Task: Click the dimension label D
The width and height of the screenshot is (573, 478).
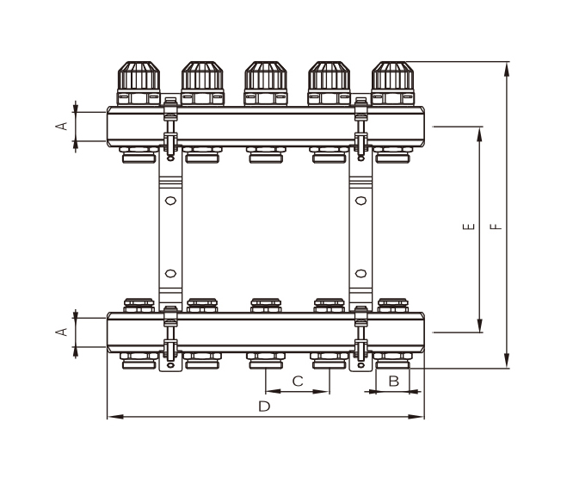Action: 264,407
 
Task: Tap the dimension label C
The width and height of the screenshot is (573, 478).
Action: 298,381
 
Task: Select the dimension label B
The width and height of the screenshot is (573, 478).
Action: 393,381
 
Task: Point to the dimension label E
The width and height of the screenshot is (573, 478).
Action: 469,227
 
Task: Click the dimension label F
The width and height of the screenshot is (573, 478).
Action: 496,227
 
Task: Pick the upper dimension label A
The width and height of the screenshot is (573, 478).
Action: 62,126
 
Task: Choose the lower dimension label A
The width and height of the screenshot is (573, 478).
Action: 62,332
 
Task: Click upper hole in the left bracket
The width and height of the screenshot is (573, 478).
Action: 170,201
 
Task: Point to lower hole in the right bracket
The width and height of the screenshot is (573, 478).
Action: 360,274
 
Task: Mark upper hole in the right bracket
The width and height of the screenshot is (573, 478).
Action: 360,201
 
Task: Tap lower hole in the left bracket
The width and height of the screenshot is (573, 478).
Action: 170,274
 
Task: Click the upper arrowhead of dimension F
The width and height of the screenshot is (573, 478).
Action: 507,70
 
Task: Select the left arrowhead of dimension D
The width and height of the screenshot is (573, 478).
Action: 115,417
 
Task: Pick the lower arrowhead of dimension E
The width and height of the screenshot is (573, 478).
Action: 480,326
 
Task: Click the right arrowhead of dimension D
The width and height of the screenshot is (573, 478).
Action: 416,417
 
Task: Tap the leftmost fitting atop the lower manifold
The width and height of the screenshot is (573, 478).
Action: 139,306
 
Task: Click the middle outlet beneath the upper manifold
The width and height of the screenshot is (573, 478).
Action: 266,154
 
